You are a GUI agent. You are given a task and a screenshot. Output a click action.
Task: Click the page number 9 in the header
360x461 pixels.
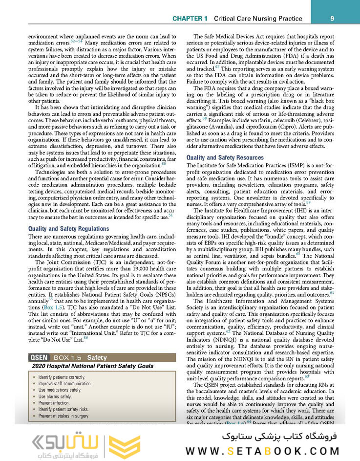point(332,19)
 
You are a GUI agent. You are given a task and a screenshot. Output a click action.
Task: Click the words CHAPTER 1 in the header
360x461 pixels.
point(190,19)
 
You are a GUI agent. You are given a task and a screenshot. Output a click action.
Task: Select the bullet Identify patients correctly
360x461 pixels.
point(62,377)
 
